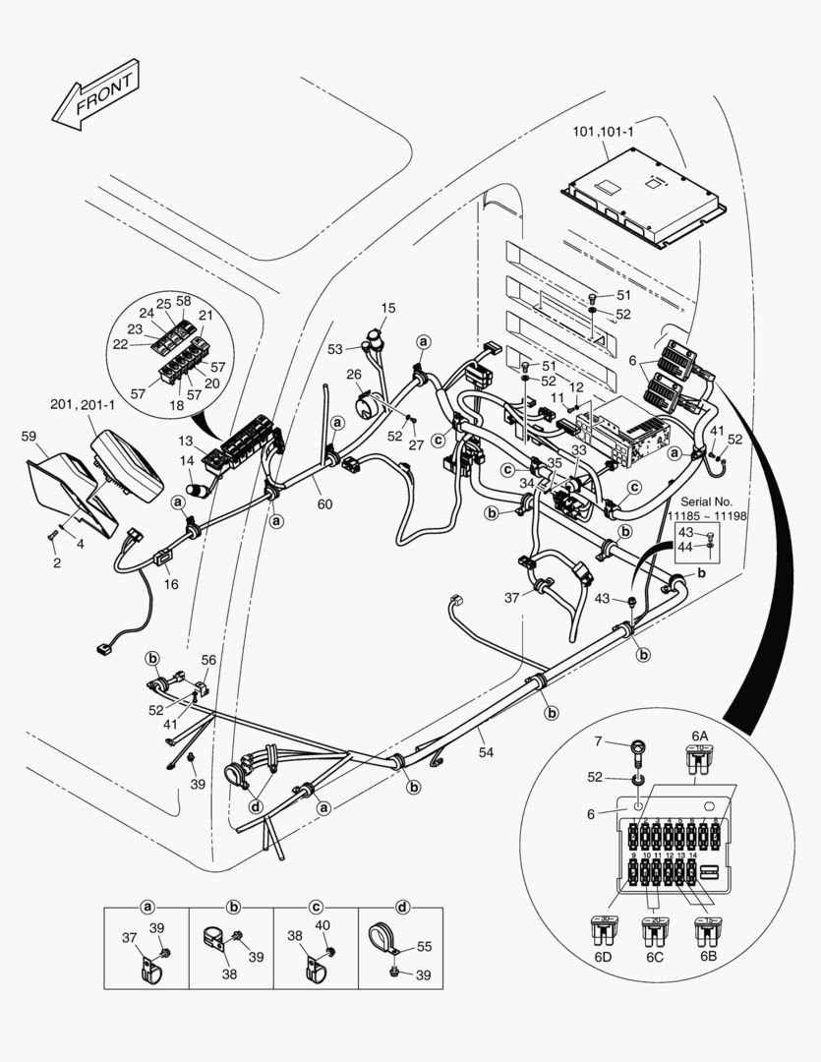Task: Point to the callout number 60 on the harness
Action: pyautogui.click(x=324, y=504)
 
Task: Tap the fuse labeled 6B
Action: pyautogui.click(x=705, y=927)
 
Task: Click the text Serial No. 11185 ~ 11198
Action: pyautogui.click(x=706, y=507)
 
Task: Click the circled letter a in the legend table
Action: pyautogui.click(x=147, y=905)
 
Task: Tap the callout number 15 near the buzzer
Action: pyautogui.click(x=387, y=308)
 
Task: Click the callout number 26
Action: pyautogui.click(x=354, y=374)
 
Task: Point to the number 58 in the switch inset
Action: pyautogui.click(x=183, y=301)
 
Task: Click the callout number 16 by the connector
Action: pyautogui.click(x=171, y=583)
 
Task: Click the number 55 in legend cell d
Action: pyautogui.click(x=424, y=946)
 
